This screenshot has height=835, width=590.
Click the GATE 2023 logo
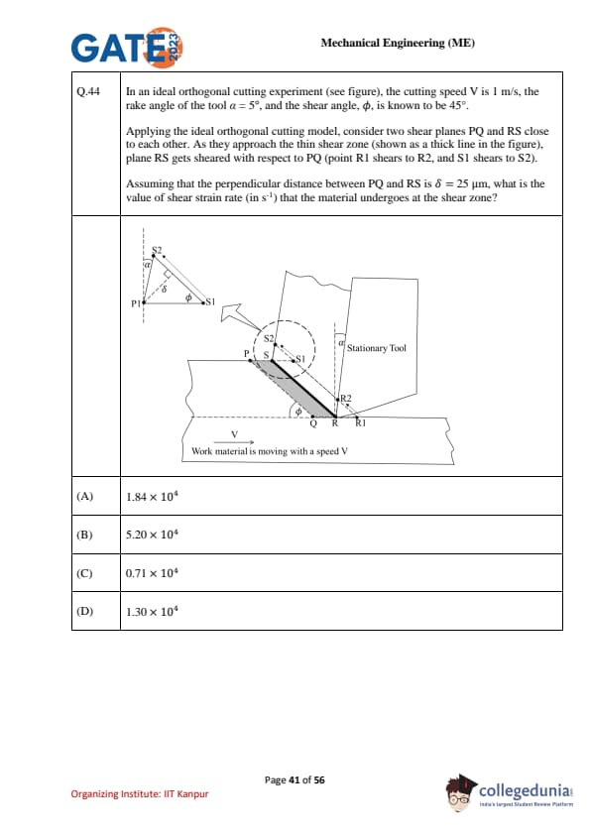127,47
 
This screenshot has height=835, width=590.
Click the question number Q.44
88,91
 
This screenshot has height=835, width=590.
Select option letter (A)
84,496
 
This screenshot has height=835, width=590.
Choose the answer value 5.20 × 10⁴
152,535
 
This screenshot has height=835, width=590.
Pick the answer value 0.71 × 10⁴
152,573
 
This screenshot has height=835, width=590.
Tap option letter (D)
84,611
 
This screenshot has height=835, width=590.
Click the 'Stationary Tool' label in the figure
377,348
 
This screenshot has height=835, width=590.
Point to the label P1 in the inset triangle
136,303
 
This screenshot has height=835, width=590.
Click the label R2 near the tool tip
346,398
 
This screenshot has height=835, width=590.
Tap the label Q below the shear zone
313,423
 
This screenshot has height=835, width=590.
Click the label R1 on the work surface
361,422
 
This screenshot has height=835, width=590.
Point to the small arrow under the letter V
234,442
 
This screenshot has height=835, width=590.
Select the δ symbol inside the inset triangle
164,290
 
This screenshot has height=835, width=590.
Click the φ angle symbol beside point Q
298,412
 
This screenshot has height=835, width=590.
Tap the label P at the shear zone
247,353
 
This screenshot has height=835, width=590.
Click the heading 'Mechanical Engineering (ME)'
398,43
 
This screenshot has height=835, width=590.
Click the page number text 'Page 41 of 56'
295,780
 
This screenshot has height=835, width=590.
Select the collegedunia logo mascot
461,792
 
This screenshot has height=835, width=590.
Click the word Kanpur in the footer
192,794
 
